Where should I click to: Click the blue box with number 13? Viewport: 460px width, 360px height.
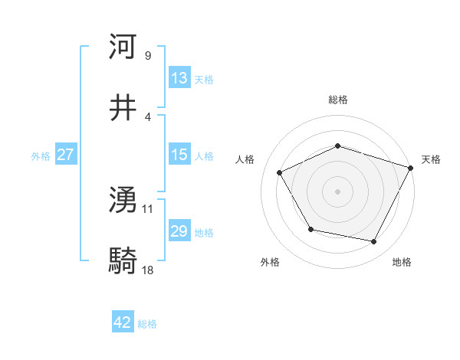[x=179, y=78]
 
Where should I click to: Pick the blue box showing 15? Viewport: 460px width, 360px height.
[x=179, y=155]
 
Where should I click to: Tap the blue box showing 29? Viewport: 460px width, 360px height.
[x=179, y=231]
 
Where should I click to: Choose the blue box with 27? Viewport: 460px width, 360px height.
[x=65, y=155]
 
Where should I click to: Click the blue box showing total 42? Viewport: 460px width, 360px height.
[x=123, y=323]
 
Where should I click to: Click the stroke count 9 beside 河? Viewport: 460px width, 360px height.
[x=147, y=56]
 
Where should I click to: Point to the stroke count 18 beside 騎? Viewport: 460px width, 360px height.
[x=148, y=270]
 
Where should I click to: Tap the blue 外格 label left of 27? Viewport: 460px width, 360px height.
[x=41, y=155]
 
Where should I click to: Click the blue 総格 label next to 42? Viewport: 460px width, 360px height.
[x=147, y=324]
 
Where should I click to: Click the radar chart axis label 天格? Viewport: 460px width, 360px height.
[x=431, y=160]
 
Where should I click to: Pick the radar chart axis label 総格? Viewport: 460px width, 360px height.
[x=337, y=100]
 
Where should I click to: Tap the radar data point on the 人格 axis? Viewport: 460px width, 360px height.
[x=280, y=173]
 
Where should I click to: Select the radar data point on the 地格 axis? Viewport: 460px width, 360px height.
[x=373, y=241]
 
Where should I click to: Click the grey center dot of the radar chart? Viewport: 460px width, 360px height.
[x=337, y=191]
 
